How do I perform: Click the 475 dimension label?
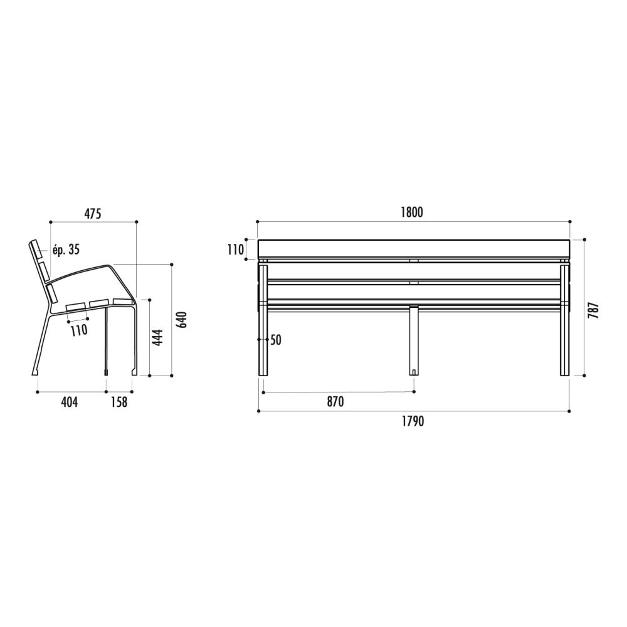point(93,214)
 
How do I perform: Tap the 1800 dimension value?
point(412,213)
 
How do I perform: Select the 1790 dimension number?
point(413,421)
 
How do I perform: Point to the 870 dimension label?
point(335,401)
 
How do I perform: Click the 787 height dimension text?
point(594,310)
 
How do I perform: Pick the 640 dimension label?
point(182,320)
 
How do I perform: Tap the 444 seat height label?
point(159,337)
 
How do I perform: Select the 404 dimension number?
point(69,402)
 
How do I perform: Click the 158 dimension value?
point(119,402)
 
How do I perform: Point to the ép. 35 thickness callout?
point(66,250)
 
